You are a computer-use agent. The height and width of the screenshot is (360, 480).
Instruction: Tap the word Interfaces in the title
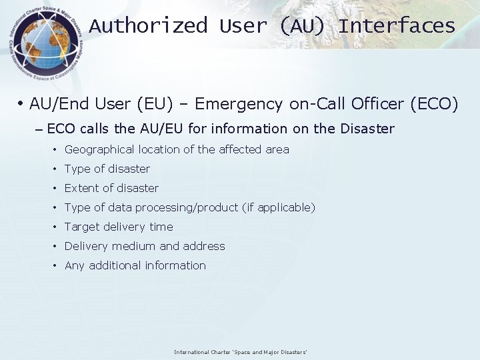tap(397, 26)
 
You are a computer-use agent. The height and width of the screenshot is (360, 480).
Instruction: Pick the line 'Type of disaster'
tap(107, 169)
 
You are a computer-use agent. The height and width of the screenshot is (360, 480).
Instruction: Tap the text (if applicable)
tap(279, 207)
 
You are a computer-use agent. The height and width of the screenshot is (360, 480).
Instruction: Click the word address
tap(204, 246)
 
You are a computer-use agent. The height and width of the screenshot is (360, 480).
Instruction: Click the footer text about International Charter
tap(240, 352)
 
